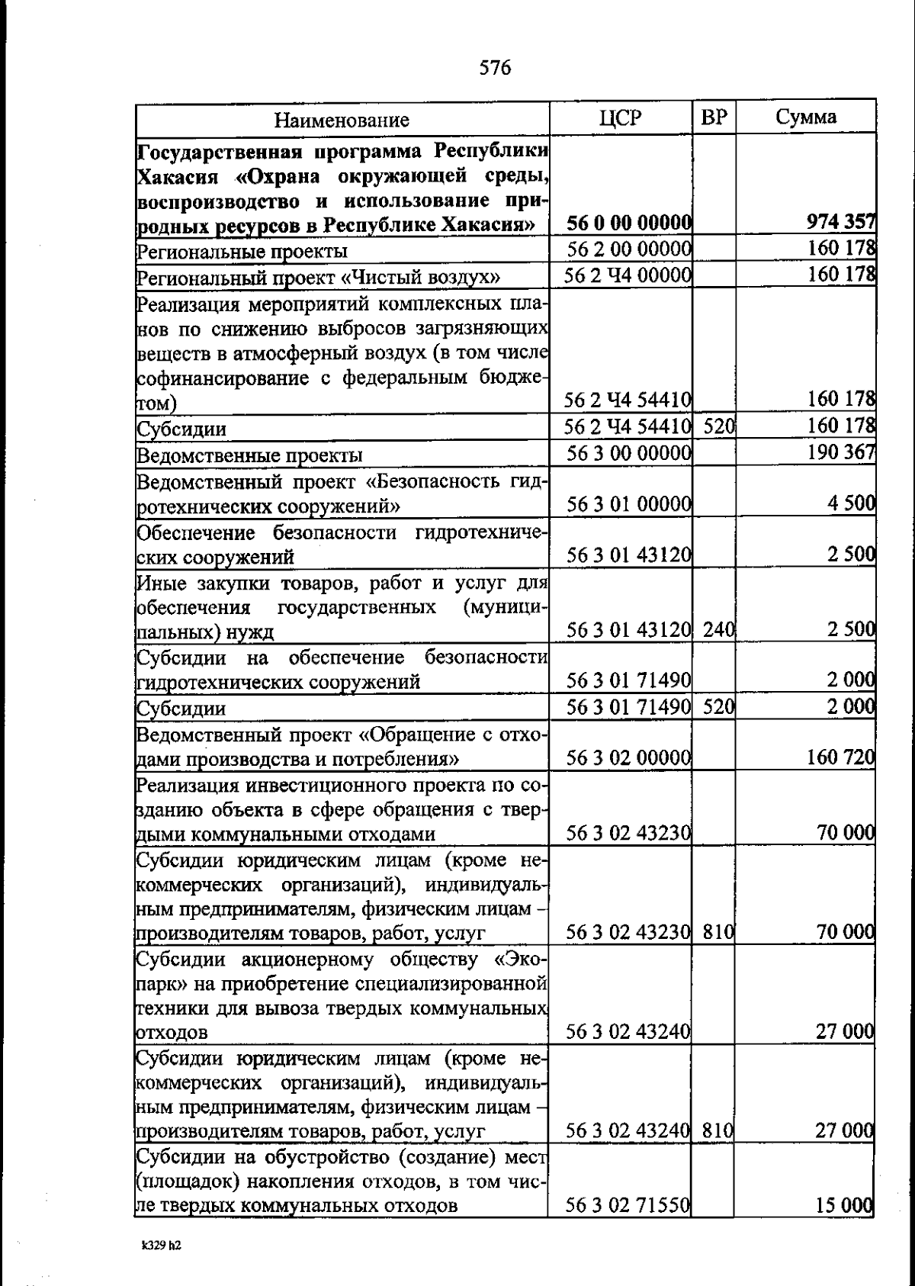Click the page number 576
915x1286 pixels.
495,68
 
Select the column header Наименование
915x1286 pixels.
342,120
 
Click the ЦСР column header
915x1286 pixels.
621,117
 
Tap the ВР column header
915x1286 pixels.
714,117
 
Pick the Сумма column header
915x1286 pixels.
806,117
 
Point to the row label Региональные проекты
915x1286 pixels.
242,251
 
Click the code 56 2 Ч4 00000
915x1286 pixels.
628,275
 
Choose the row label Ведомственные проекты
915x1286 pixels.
249,455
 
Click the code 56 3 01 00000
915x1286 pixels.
629,504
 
